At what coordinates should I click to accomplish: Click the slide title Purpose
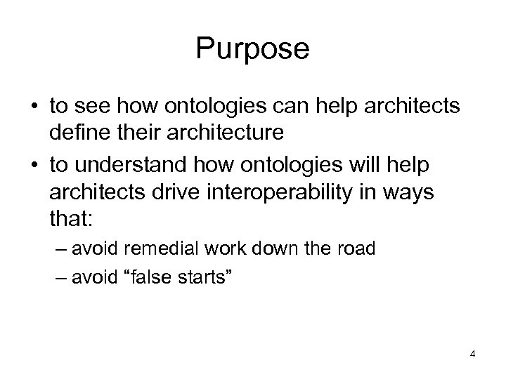coord(252,49)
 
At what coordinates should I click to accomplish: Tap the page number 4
coord(473,354)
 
